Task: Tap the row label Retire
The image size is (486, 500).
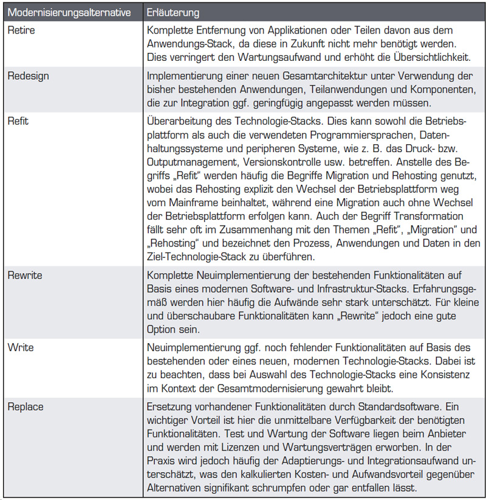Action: coord(20,30)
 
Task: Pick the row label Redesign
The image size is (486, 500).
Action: coord(28,76)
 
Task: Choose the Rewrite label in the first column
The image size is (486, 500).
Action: coord(25,276)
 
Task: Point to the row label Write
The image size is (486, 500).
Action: coord(20,347)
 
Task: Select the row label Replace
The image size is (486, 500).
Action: coord(26,406)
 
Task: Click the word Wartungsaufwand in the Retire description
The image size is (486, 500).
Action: coord(279,57)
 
